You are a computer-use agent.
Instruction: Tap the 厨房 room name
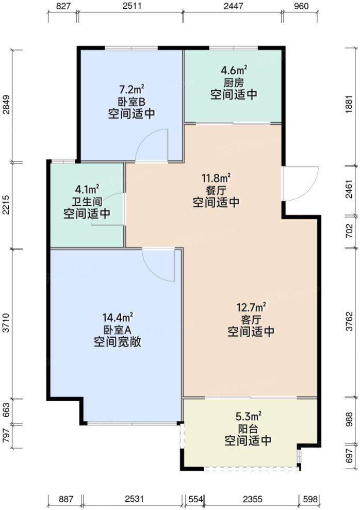(234, 83)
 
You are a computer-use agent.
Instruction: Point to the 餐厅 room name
(216, 191)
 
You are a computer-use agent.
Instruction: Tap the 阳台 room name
(248, 429)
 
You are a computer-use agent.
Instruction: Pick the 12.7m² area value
(251, 308)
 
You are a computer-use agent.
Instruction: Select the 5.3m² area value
(248, 416)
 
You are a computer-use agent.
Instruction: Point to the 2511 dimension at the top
(132, 6)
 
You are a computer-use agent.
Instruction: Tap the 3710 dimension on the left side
(6, 324)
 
